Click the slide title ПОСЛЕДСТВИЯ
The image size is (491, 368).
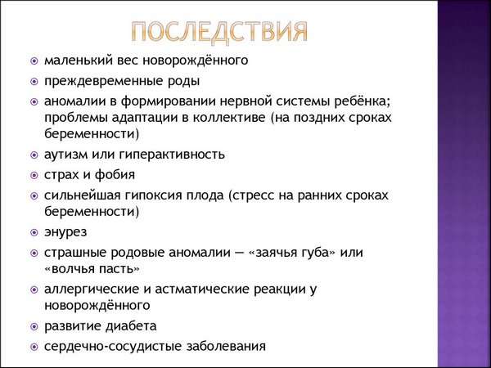pyautogui.click(x=222, y=32)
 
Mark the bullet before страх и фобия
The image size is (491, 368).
pyautogui.click(x=34, y=175)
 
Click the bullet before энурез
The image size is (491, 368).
pyautogui.click(x=34, y=232)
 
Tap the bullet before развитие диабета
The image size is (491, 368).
pyautogui.click(x=34, y=326)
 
